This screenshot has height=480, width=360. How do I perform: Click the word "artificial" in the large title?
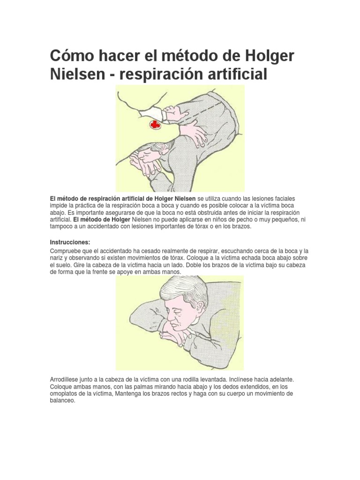(234, 75)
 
